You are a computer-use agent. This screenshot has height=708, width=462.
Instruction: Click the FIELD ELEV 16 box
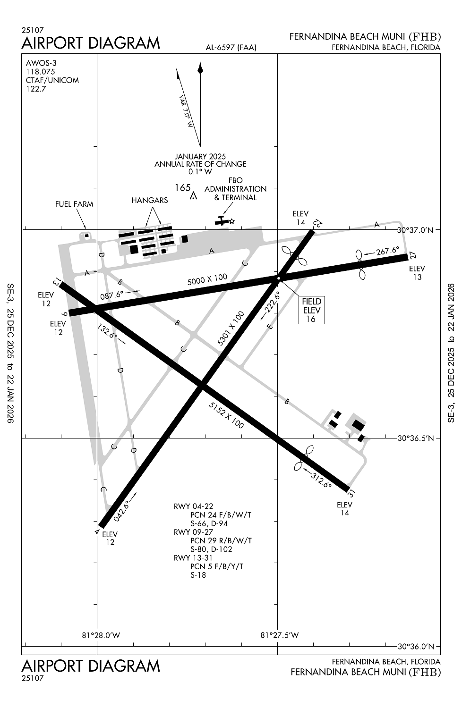tap(311, 310)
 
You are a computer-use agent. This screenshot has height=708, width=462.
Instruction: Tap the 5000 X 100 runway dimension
tap(207, 279)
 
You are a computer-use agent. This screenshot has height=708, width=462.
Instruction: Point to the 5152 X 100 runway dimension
tap(226, 415)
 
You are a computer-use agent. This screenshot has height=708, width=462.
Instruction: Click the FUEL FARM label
tap(74, 204)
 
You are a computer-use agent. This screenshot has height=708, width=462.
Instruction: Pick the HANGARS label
tap(150, 201)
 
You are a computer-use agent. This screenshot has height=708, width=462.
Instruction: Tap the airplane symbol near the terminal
tap(222, 220)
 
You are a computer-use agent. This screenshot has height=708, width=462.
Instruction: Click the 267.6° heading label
tap(387, 251)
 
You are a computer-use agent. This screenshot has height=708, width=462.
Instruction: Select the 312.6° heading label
tap(321, 479)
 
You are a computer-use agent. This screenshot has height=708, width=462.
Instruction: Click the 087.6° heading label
tap(112, 295)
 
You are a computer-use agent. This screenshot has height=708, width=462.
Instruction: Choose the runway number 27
tap(413, 255)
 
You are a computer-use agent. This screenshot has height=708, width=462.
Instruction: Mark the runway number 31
tap(351, 494)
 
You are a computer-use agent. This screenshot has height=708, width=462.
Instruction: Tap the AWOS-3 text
tap(41, 63)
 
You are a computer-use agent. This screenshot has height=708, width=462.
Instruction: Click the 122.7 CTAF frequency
tap(36, 89)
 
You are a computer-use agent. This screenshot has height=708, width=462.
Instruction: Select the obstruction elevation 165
tap(183, 188)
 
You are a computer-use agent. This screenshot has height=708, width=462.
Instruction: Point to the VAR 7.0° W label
tap(186, 112)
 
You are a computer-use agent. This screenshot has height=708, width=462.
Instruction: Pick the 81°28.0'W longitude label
tap(101, 635)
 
